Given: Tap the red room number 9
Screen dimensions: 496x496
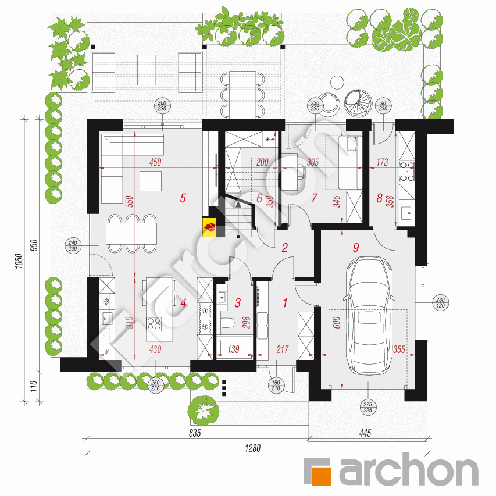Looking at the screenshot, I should click(355, 247).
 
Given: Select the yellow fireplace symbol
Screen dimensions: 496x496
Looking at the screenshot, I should click(209, 227).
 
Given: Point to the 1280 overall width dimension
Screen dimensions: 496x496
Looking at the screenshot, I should click(252, 448).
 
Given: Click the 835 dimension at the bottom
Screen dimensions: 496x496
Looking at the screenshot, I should click(195, 434).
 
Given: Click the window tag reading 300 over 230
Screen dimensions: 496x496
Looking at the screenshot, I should click(161, 106).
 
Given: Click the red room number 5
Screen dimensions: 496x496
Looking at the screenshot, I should click(183, 198).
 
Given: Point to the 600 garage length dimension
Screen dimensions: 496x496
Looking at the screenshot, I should click(336, 323).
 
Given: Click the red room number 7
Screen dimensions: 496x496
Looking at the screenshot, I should click(314, 198).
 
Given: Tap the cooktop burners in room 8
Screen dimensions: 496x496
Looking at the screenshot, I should click(407, 171).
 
